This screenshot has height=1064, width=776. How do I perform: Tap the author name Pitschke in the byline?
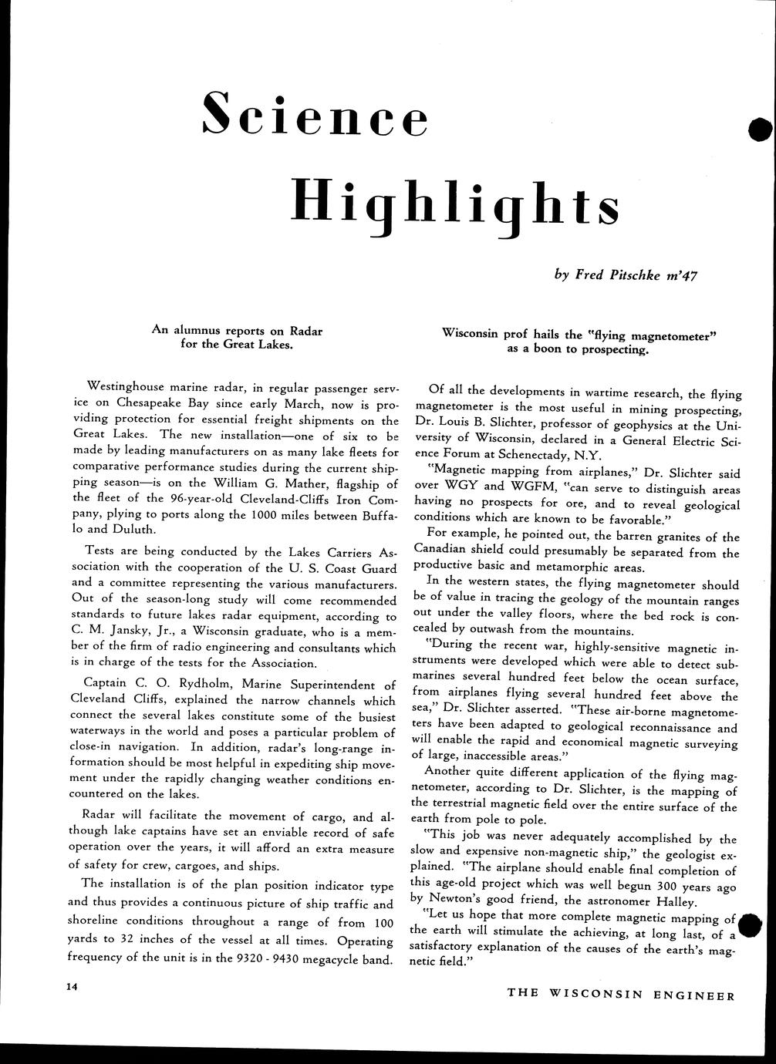633,274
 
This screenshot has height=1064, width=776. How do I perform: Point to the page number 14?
72,986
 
